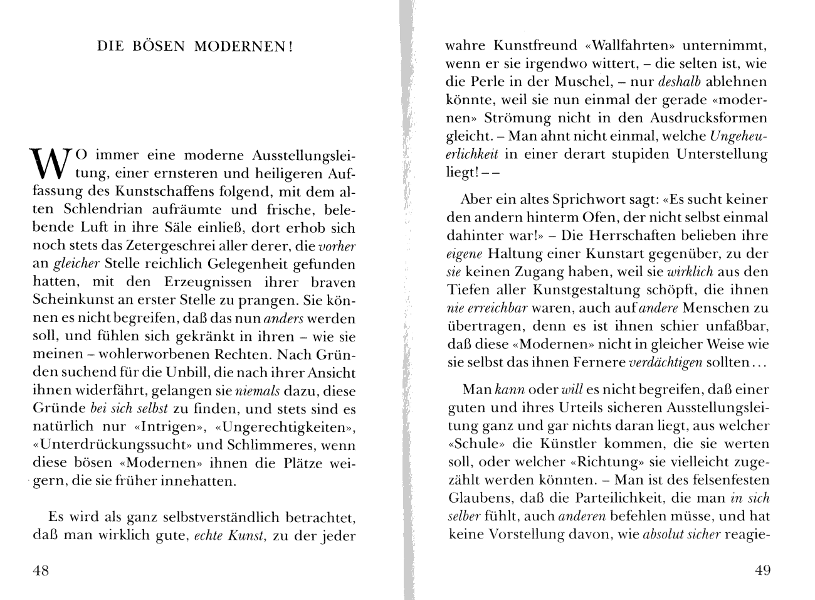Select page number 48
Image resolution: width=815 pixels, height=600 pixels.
coord(41,570)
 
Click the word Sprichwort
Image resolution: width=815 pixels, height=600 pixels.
coord(588,200)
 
